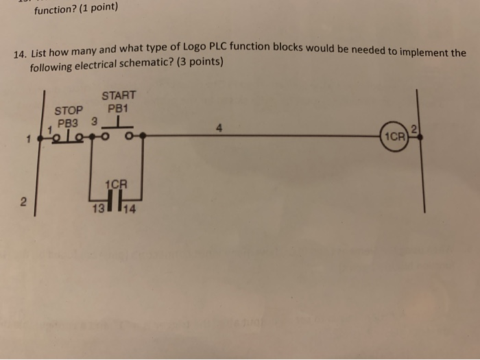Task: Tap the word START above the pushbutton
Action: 119,95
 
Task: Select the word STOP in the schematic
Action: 69,110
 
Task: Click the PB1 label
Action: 118,108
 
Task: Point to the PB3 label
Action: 69,123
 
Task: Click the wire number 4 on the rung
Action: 219,127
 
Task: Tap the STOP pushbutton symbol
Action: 69,137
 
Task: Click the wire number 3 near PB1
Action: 95,122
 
